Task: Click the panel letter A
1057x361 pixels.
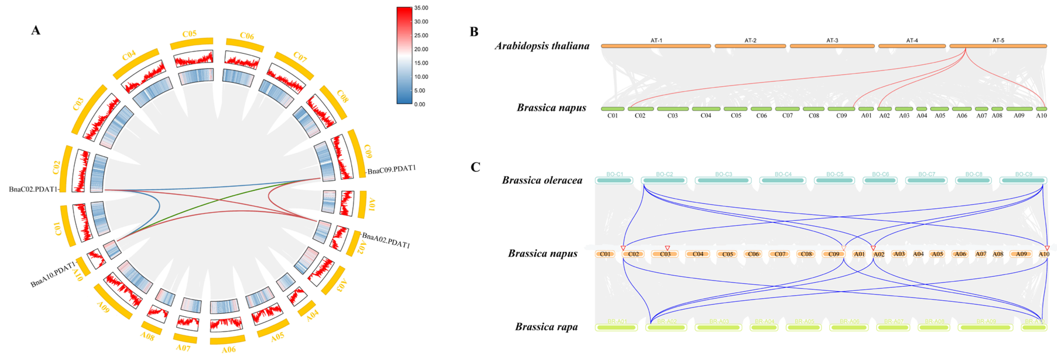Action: coord(36,30)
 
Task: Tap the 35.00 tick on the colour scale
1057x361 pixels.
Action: coord(421,8)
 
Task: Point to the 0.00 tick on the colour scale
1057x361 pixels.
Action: coord(419,104)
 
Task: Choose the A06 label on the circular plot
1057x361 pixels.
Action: coord(229,350)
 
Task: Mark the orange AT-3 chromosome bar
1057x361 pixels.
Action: coord(832,46)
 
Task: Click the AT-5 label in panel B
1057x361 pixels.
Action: coord(998,40)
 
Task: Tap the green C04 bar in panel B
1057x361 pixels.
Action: coord(706,109)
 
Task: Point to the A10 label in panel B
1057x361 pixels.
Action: coord(1041,116)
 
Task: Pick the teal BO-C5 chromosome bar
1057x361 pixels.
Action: coord(835,180)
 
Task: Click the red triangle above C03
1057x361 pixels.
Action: coord(667,248)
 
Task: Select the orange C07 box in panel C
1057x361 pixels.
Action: coord(780,254)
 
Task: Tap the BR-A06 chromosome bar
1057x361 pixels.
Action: coord(849,327)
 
